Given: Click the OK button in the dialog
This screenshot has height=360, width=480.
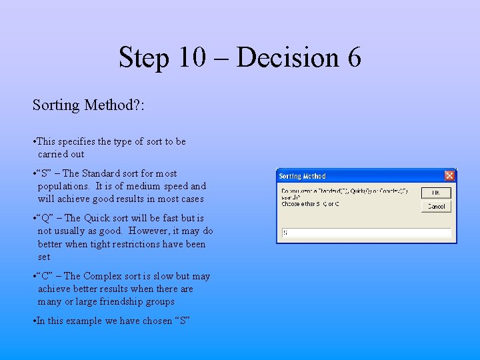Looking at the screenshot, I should point(435,193).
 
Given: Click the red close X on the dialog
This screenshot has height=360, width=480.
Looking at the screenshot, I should point(449,176).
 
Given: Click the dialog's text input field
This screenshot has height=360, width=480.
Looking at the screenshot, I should point(366,233).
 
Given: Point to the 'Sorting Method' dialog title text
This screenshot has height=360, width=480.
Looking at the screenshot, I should point(302,176).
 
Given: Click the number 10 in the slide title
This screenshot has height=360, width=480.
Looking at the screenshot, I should point(192,57).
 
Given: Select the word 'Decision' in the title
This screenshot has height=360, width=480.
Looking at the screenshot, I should point(288,57).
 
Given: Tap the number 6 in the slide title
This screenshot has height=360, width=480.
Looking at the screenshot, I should point(354,57).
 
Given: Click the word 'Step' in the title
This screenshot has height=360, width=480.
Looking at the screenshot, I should point(145,57).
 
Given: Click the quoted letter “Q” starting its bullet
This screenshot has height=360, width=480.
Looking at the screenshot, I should point(44,218).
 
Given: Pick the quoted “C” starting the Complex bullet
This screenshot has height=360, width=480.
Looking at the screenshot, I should point(44,276).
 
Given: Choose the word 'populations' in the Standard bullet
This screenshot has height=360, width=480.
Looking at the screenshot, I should point(64,186).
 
